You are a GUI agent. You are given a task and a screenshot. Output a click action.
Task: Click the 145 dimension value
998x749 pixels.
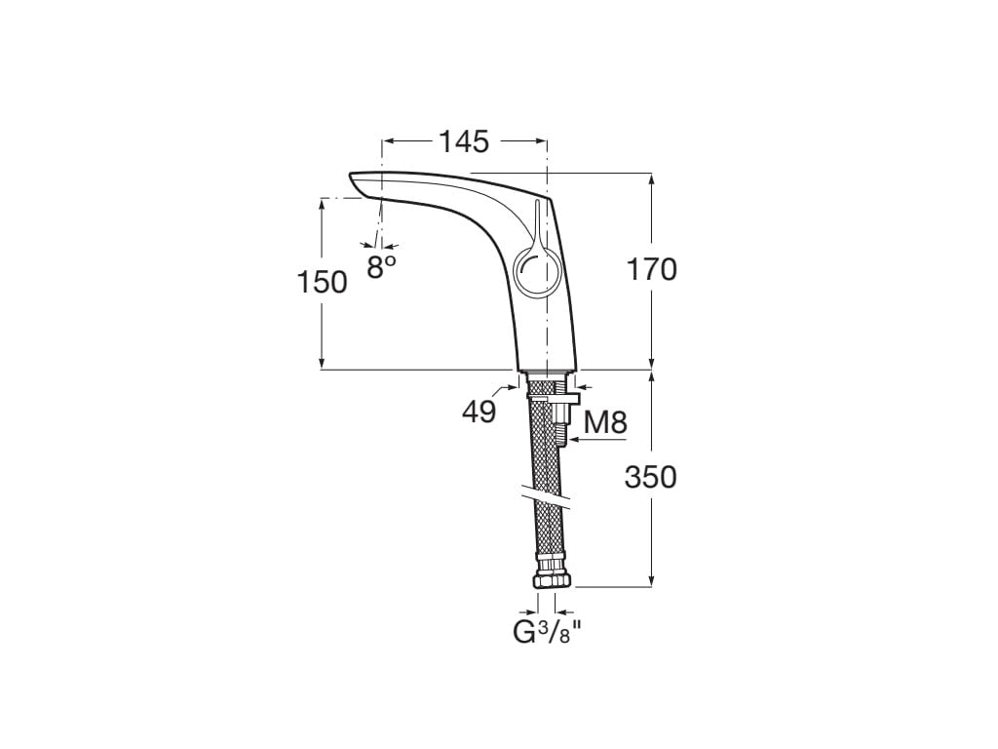tap(463, 141)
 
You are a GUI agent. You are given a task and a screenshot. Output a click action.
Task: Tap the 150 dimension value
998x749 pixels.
tap(322, 282)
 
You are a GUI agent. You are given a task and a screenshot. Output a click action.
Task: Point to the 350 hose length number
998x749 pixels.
tap(650, 477)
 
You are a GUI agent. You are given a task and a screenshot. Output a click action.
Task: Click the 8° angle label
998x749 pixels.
tap(381, 267)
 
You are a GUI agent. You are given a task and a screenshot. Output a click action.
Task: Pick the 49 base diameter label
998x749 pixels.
tap(479, 413)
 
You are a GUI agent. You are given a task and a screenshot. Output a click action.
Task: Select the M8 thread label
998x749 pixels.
tap(604, 422)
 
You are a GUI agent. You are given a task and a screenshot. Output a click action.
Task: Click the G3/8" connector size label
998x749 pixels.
tap(547, 633)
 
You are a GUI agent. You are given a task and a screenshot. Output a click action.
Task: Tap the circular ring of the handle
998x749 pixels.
tap(533, 270)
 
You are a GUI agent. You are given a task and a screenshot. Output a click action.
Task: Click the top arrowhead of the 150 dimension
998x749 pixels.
tap(322, 203)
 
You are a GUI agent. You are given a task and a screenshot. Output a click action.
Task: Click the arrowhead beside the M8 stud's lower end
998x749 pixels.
tap(573, 442)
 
